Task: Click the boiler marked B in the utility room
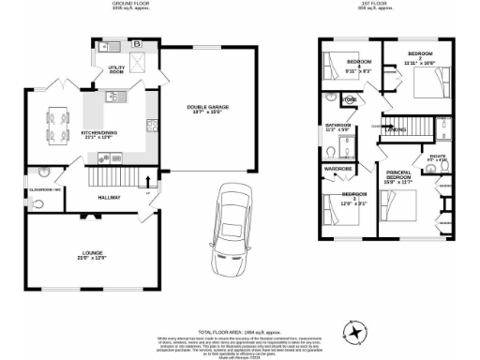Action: (x=138, y=44)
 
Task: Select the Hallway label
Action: (x=110, y=198)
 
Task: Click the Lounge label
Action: (x=91, y=254)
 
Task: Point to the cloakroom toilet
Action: (x=44, y=172)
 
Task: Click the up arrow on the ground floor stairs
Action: (x=151, y=181)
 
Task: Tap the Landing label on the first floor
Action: (x=395, y=129)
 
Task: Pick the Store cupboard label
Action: (x=349, y=99)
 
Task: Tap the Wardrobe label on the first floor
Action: (x=337, y=169)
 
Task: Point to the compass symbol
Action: (x=354, y=330)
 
